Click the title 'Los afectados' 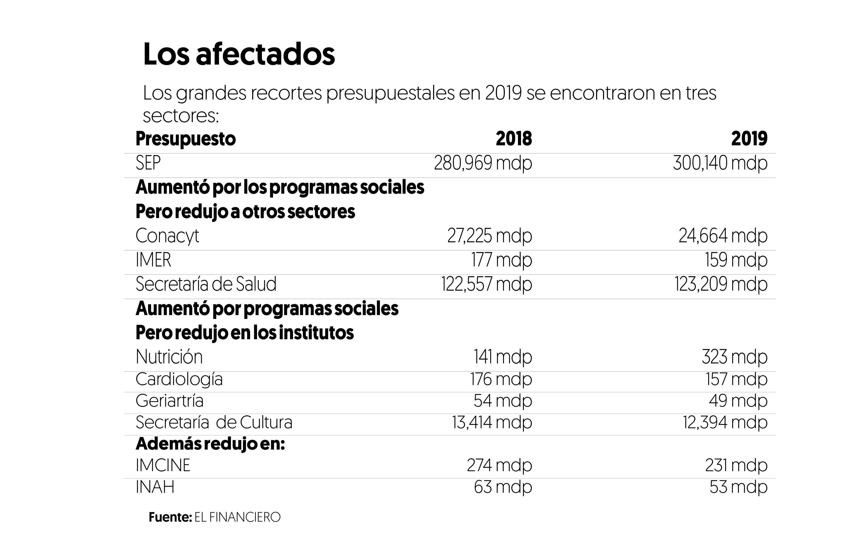(x=239, y=54)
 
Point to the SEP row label (x=148, y=163)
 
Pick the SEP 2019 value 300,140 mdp (x=720, y=163)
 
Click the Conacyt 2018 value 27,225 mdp (x=489, y=236)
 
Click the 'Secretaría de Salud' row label (x=206, y=284)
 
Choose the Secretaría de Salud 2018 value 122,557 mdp (x=486, y=284)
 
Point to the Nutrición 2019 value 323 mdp (x=734, y=357)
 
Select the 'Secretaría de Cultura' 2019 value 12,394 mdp (x=725, y=422)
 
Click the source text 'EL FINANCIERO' (x=237, y=517)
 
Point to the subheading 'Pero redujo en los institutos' (x=244, y=333)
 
